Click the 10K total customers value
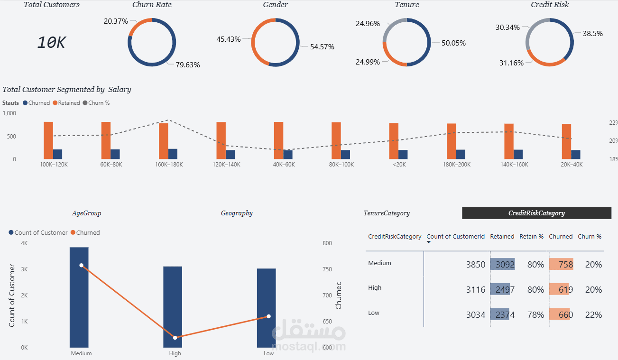tap(51, 43)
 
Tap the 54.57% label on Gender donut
tap(322, 46)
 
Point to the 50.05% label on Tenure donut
tap(453, 43)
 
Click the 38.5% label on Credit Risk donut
tap(592, 34)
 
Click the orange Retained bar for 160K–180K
tap(164, 141)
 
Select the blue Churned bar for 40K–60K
tap(288, 155)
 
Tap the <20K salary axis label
tap(398, 165)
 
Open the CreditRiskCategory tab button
tap(536, 213)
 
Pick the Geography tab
tap(237, 213)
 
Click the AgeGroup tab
tap(86, 213)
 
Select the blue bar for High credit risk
tap(173, 306)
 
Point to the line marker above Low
tap(268, 316)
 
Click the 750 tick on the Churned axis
tap(327, 269)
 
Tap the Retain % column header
tap(531, 236)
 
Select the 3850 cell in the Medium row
tap(476, 265)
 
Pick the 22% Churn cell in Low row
tap(593, 315)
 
